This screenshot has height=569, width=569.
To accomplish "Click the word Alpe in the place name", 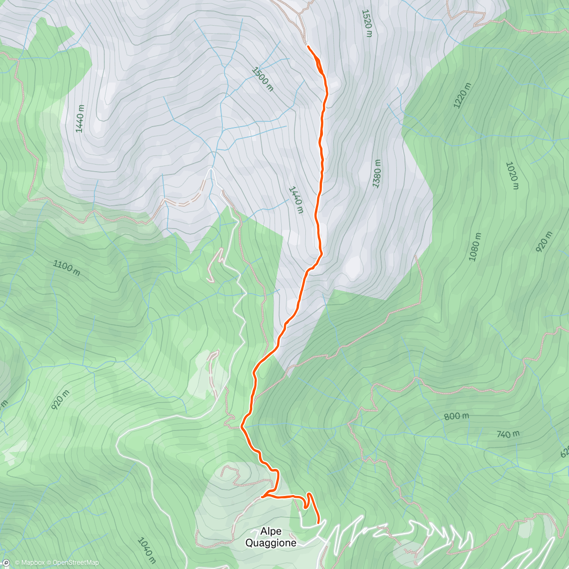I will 271,532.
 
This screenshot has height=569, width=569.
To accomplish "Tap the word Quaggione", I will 271,543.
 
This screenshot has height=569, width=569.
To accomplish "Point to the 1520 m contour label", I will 367,23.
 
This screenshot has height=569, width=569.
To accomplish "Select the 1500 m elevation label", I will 263,79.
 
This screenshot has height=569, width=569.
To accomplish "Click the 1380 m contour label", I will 377,174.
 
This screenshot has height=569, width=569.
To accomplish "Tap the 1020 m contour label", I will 513,175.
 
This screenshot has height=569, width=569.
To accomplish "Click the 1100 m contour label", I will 66,267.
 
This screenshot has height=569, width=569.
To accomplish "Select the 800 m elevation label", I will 457,416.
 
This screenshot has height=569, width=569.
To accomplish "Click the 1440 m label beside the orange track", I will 296,200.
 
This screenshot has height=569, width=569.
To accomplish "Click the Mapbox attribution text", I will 29,563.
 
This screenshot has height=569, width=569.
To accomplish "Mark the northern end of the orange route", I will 308,46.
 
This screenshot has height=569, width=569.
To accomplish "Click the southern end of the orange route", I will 318,523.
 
